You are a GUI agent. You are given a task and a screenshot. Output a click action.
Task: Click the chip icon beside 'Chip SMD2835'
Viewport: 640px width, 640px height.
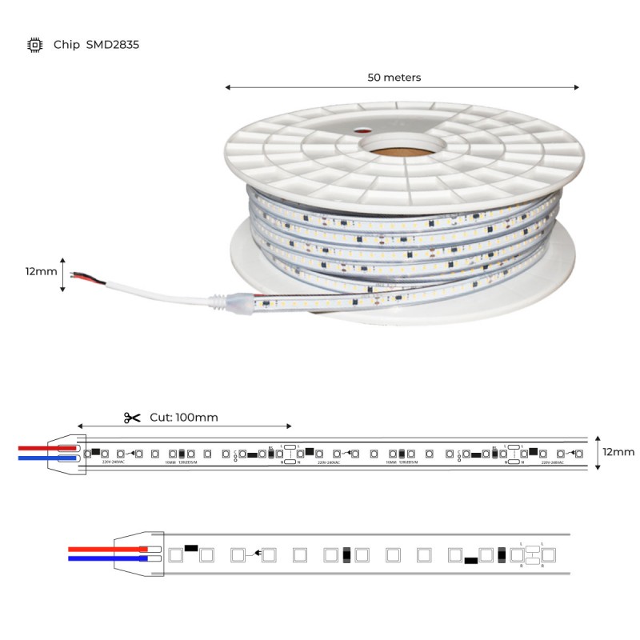coord(34,45)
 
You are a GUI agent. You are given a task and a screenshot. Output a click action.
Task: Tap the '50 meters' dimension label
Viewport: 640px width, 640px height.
coord(394,78)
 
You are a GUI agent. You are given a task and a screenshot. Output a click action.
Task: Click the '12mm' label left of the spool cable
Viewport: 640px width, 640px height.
coord(41,271)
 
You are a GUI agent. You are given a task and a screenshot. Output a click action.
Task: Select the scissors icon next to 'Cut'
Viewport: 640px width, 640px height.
coord(132,418)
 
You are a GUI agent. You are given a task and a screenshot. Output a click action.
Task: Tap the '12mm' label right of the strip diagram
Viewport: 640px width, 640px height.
coord(618,452)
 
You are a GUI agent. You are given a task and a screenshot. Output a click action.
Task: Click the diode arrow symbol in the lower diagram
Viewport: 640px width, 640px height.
coord(254,553)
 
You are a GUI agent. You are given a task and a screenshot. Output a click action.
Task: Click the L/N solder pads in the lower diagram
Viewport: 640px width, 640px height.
coord(531,554)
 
